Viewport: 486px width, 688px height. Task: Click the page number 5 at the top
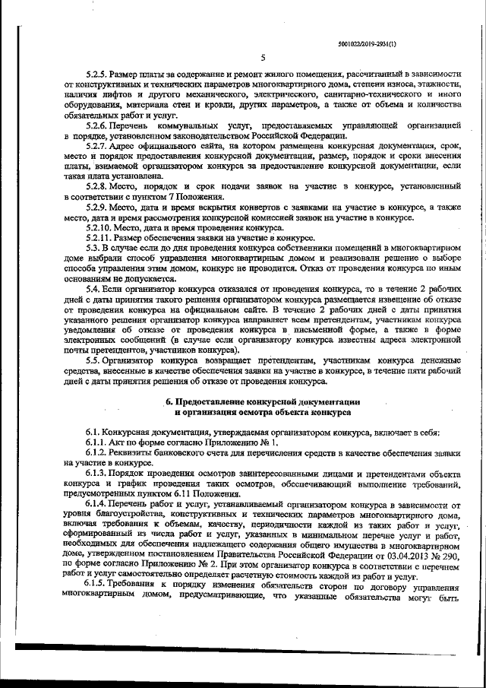click(x=262, y=59)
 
